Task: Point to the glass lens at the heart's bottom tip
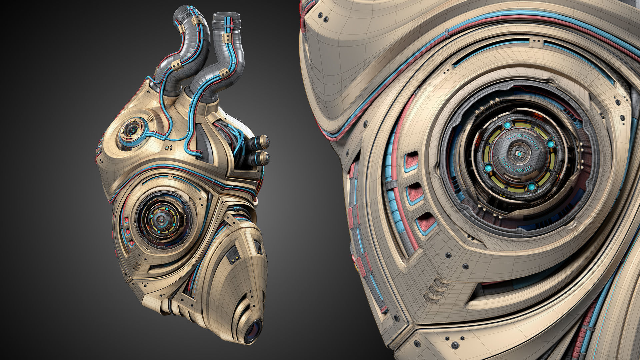tap(253, 331)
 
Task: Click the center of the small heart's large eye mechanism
tap(161, 218)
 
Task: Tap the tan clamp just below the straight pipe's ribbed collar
tap(228, 37)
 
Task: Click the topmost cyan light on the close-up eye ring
tap(507, 125)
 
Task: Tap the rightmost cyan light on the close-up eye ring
tap(551, 144)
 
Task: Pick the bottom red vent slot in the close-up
tap(426, 223)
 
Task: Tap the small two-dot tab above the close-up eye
tap(536, 42)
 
